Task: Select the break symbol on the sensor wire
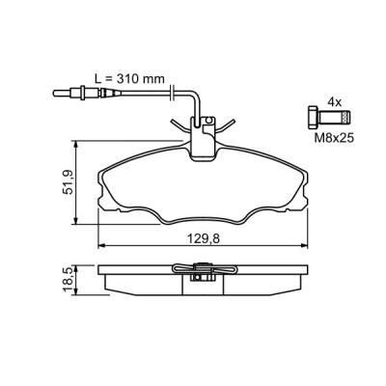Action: click(170, 93)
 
